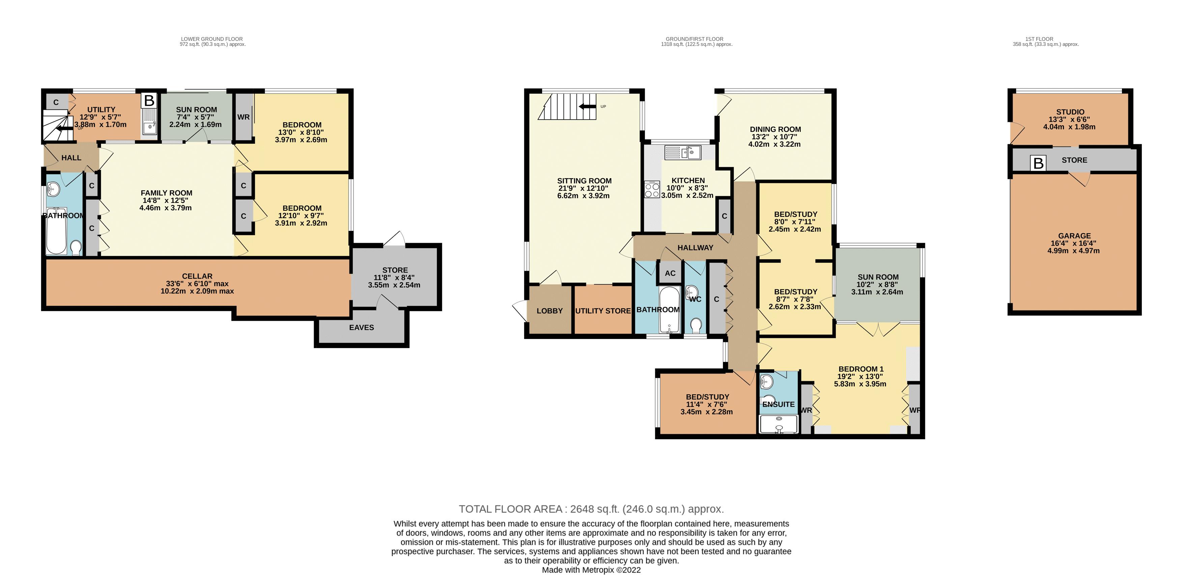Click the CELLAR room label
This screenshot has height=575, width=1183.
point(197,276)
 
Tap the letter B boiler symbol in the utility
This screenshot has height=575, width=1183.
point(148,101)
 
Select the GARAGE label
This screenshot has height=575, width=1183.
point(1074,236)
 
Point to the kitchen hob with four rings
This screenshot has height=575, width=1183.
point(652,189)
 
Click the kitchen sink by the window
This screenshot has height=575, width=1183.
point(682,152)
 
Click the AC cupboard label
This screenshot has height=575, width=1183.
point(670,273)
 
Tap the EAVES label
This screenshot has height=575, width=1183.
point(361,327)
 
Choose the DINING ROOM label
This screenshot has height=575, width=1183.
point(775,130)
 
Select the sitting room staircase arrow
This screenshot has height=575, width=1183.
point(587,107)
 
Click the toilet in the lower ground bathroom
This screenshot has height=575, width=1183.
point(76,248)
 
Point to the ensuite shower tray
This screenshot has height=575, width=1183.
point(779,424)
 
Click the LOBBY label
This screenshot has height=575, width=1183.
point(549,311)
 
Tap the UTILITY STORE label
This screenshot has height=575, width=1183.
point(602,311)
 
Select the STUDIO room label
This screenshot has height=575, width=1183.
point(1070,112)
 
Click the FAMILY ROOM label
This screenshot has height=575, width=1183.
point(166,193)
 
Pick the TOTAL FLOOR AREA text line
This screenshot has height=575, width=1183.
point(591,509)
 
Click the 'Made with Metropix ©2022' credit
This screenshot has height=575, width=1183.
point(591,570)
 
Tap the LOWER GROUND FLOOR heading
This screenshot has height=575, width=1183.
point(212,39)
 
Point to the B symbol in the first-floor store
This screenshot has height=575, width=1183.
point(1038,163)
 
